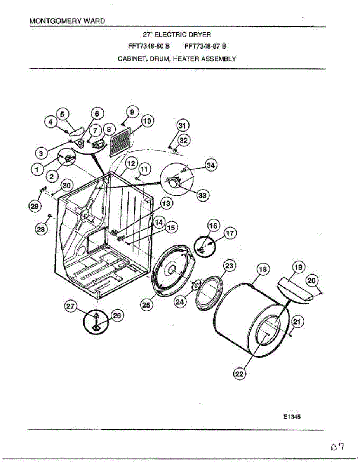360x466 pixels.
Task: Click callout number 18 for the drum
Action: [x=263, y=270]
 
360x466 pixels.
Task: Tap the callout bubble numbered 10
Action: [x=146, y=121]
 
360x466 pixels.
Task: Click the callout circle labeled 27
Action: [x=70, y=306]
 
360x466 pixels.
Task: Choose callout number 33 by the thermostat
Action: [x=202, y=195]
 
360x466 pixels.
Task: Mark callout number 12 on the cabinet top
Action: [x=131, y=163]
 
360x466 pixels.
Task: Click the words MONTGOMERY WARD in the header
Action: [x=67, y=21]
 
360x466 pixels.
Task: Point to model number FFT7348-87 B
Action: [x=205, y=46]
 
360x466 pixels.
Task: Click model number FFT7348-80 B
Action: [x=149, y=46]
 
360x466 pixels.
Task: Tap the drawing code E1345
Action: [x=292, y=417]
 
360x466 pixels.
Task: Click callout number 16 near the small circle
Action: [x=213, y=225]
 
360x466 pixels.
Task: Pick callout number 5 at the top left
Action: [x=63, y=113]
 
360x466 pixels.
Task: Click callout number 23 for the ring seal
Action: [x=230, y=266]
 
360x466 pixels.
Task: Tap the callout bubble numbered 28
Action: [x=40, y=230]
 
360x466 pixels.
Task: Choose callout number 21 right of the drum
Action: [x=297, y=322]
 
